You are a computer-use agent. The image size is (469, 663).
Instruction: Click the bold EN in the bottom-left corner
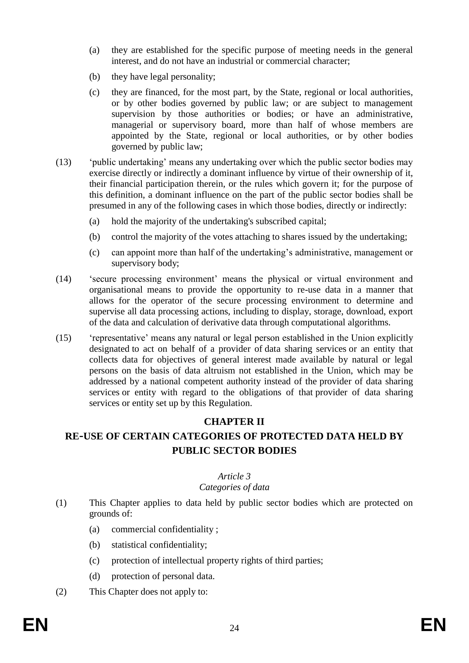(x=35, y=625)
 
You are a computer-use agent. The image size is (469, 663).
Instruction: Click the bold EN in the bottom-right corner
(x=433, y=625)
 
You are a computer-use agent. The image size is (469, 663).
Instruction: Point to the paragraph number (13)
(x=63, y=162)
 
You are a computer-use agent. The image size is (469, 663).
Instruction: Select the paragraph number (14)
(x=63, y=279)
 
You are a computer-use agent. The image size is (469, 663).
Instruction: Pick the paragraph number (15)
(x=63, y=338)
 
